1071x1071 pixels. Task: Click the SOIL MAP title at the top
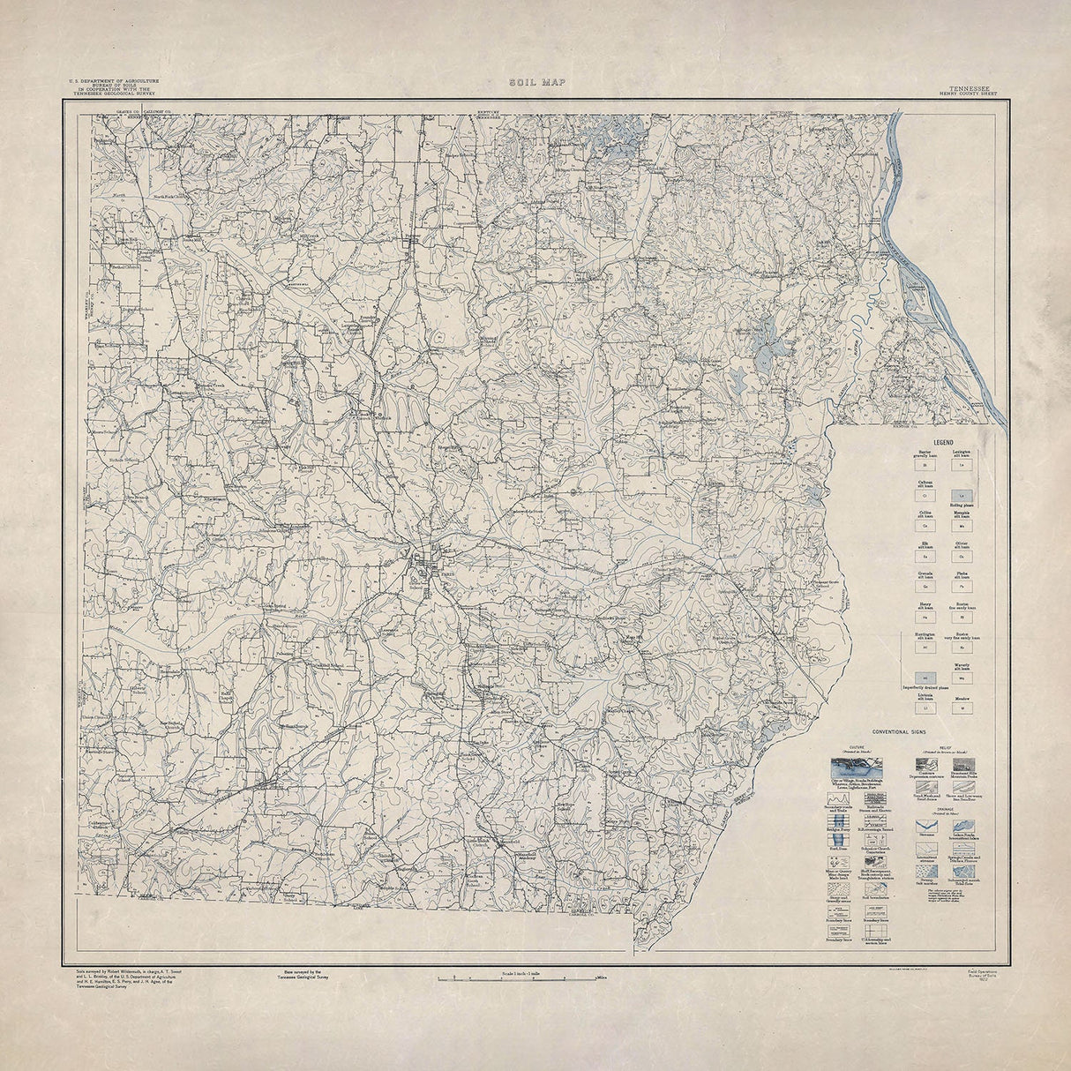[x=536, y=82]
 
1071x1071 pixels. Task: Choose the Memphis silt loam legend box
[x=962, y=526]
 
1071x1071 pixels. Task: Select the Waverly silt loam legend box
[x=962, y=678]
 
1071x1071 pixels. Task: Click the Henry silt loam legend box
[x=925, y=618]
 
